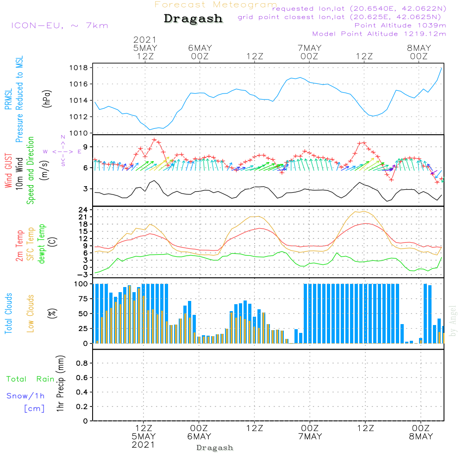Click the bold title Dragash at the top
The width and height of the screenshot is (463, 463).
(x=193, y=19)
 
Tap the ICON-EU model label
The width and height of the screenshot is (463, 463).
(x=59, y=25)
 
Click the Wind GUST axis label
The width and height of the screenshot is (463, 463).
(x=8, y=170)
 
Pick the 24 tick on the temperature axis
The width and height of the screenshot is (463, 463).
(x=83, y=210)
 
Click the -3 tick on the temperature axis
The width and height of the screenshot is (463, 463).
(x=83, y=275)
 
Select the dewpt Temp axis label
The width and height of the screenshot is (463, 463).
(x=42, y=244)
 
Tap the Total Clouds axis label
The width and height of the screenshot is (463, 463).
(x=8, y=313)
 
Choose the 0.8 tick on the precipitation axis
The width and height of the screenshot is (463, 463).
(x=81, y=363)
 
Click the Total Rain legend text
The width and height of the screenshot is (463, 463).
(x=30, y=379)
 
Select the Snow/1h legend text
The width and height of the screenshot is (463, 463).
(x=26, y=396)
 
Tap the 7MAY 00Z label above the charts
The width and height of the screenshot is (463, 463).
(x=310, y=52)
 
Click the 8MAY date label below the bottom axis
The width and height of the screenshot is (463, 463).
(x=420, y=437)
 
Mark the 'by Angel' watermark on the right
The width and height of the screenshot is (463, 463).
(x=453, y=321)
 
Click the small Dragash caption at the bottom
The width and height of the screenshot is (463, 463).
(x=215, y=448)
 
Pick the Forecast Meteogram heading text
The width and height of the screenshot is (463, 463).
(x=216, y=5)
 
